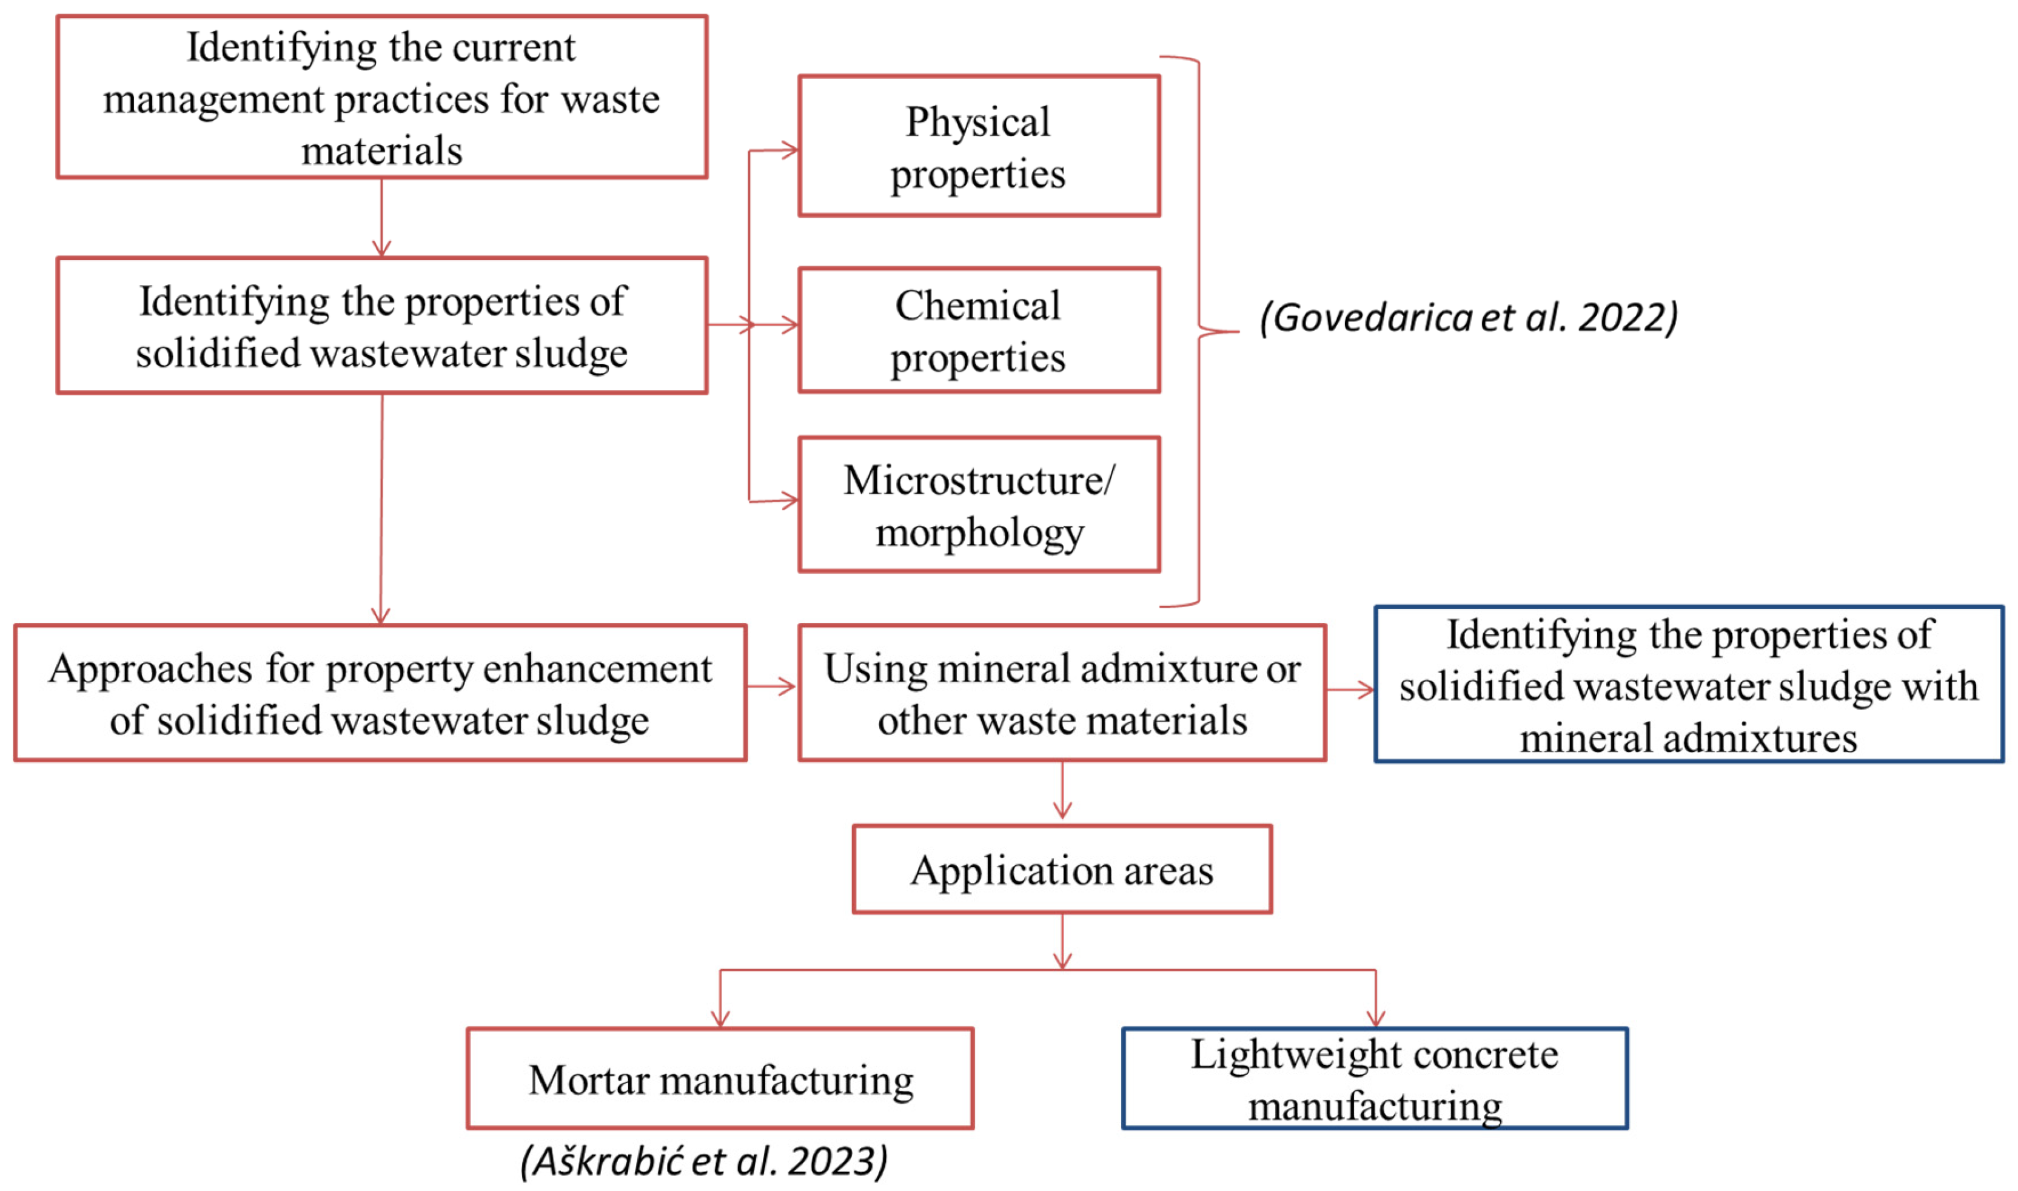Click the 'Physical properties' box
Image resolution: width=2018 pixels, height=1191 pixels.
coord(979,146)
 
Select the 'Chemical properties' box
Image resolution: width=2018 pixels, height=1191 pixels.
coord(979,330)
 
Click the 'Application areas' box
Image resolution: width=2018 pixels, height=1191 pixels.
coord(1062,870)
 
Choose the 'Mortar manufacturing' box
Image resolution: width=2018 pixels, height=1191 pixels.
coord(720,1079)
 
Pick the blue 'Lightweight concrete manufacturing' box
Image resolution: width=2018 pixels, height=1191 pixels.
coord(1375,1079)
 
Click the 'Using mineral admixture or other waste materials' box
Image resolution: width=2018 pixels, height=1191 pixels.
coord(1062,693)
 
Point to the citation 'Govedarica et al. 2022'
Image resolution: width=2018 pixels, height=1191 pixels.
coord(1469,318)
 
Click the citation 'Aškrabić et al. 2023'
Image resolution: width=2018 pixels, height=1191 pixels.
coord(705,1161)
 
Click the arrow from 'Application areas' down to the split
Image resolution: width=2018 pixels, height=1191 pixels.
coord(1062,942)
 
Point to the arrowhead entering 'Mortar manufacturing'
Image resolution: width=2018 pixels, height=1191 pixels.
coord(720,1017)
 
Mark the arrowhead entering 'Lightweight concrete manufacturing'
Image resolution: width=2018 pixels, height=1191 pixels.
coord(1375,1017)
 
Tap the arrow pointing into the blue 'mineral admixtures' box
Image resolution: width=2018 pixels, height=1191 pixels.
coord(1351,689)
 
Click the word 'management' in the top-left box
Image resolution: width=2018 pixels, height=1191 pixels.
coord(215,100)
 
